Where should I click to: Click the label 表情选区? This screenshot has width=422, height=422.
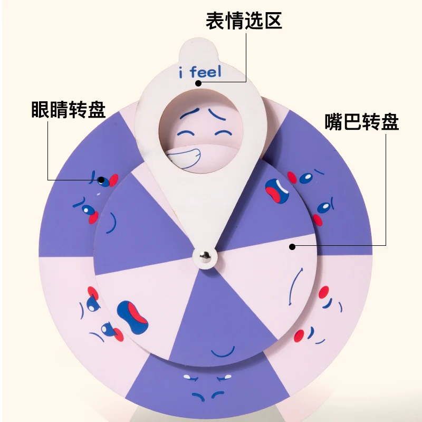point(244,21)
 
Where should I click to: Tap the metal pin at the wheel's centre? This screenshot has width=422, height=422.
point(205,255)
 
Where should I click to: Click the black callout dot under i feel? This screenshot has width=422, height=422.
point(197,83)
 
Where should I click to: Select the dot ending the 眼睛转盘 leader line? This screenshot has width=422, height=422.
point(101,179)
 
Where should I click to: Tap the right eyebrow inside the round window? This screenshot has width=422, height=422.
point(217,112)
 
